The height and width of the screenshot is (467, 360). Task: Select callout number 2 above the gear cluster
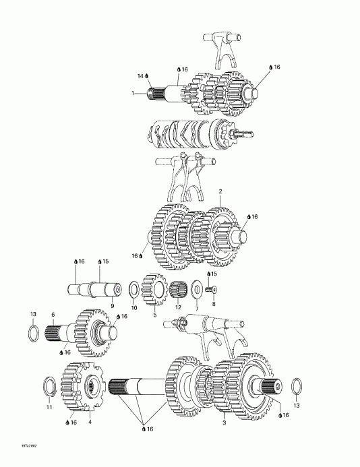pyautogui.click(x=220, y=192)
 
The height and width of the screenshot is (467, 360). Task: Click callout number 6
pyautogui.click(x=53, y=314)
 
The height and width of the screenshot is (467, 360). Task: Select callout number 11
pyautogui.click(x=49, y=407)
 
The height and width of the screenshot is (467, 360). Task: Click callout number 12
pyautogui.click(x=179, y=307)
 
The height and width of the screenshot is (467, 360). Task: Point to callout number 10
pyautogui.click(x=133, y=307)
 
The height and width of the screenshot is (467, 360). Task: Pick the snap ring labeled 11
pyautogui.click(x=49, y=388)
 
